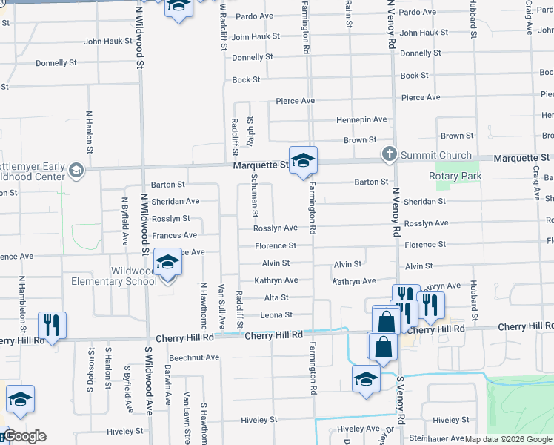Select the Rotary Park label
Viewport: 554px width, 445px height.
coord(455,176)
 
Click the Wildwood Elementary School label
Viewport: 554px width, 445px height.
coord(114,276)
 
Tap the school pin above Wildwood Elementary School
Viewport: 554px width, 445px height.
coord(168,263)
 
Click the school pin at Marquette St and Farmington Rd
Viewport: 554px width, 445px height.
coord(302,160)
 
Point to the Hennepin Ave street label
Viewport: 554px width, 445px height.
coord(361,119)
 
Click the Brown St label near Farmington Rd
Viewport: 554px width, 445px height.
coord(360,139)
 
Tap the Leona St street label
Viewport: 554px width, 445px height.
coord(278,315)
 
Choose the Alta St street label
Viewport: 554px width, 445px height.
coord(276,297)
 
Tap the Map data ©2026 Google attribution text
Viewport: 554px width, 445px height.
coord(508,439)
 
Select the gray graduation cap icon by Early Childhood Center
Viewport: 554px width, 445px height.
coord(75,172)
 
